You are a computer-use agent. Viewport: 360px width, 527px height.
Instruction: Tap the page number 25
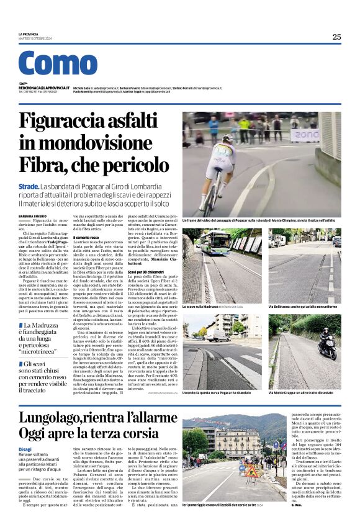point(336,37)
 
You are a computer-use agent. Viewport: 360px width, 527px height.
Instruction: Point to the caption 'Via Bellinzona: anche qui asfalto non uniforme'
point(300,307)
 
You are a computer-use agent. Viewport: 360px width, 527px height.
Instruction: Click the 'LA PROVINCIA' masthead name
point(29,34)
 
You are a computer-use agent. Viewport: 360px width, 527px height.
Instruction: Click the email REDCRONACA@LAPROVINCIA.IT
point(44,88)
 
